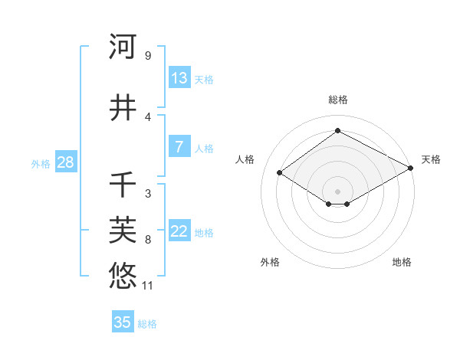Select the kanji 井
(x=123, y=109)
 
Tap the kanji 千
(x=123, y=185)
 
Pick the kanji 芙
(x=123, y=229)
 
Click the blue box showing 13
(x=179, y=78)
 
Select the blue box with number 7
(x=179, y=148)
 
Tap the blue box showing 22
(x=179, y=232)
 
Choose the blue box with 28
(x=65, y=162)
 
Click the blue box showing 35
(x=123, y=322)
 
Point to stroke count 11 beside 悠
(x=148, y=286)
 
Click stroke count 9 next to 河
(x=147, y=56)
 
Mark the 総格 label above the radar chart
(x=337, y=100)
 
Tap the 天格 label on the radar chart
(x=431, y=159)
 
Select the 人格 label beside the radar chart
(x=245, y=159)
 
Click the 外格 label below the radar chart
(x=270, y=262)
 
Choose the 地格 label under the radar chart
(x=402, y=262)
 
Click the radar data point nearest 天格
(x=411, y=169)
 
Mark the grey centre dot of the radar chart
(x=337, y=191)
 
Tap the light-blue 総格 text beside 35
(x=147, y=324)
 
